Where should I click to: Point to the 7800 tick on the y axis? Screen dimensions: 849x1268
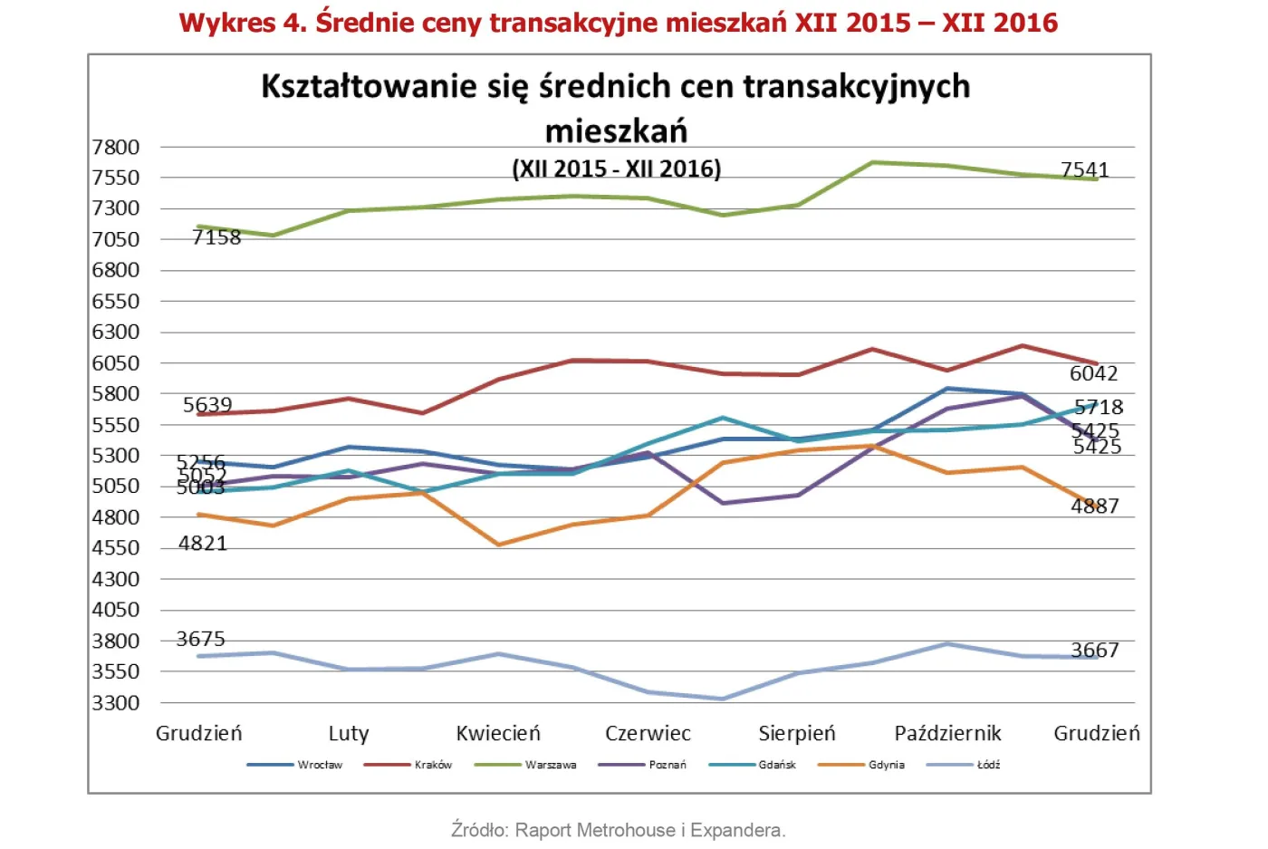click(x=116, y=147)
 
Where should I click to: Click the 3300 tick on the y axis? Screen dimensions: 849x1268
click(x=116, y=702)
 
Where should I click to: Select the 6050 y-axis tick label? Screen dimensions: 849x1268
click(x=116, y=362)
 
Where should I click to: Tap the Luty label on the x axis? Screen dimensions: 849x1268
click(x=349, y=733)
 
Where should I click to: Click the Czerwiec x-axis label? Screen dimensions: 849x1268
click(x=648, y=733)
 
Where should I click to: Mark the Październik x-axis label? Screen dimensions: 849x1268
click(x=947, y=733)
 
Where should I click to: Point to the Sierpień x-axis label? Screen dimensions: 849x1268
click(x=797, y=733)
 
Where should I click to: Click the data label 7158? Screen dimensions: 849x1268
click(x=216, y=237)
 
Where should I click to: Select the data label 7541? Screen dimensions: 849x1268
click(x=1084, y=169)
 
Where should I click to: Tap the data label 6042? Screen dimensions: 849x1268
click(x=1093, y=373)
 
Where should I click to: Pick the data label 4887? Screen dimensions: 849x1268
click(x=1094, y=507)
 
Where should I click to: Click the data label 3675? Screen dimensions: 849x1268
click(x=200, y=639)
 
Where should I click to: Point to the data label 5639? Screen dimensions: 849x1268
click(x=207, y=405)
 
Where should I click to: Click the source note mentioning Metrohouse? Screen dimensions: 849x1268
click(x=618, y=830)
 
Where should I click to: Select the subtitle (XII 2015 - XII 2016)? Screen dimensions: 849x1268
click(x=617, y=169)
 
